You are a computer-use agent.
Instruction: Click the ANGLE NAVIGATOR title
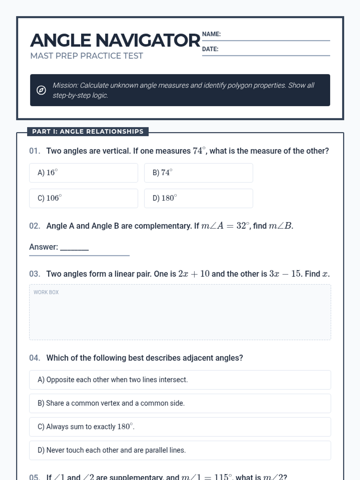115,40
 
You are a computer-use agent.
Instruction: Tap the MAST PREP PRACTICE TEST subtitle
86,56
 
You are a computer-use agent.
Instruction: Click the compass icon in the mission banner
41,90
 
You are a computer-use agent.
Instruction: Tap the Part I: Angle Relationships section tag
88,131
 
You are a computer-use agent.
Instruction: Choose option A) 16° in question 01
83,173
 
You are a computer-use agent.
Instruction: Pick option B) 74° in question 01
198,173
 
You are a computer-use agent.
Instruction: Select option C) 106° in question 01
83,198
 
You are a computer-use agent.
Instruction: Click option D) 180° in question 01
198,198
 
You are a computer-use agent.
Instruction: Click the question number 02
34,226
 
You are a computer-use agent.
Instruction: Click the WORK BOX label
46,292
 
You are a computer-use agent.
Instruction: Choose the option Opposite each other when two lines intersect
180,380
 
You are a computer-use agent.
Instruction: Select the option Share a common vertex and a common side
180,403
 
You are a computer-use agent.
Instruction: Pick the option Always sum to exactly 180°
180,427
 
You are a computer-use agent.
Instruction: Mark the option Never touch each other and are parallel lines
180,450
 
